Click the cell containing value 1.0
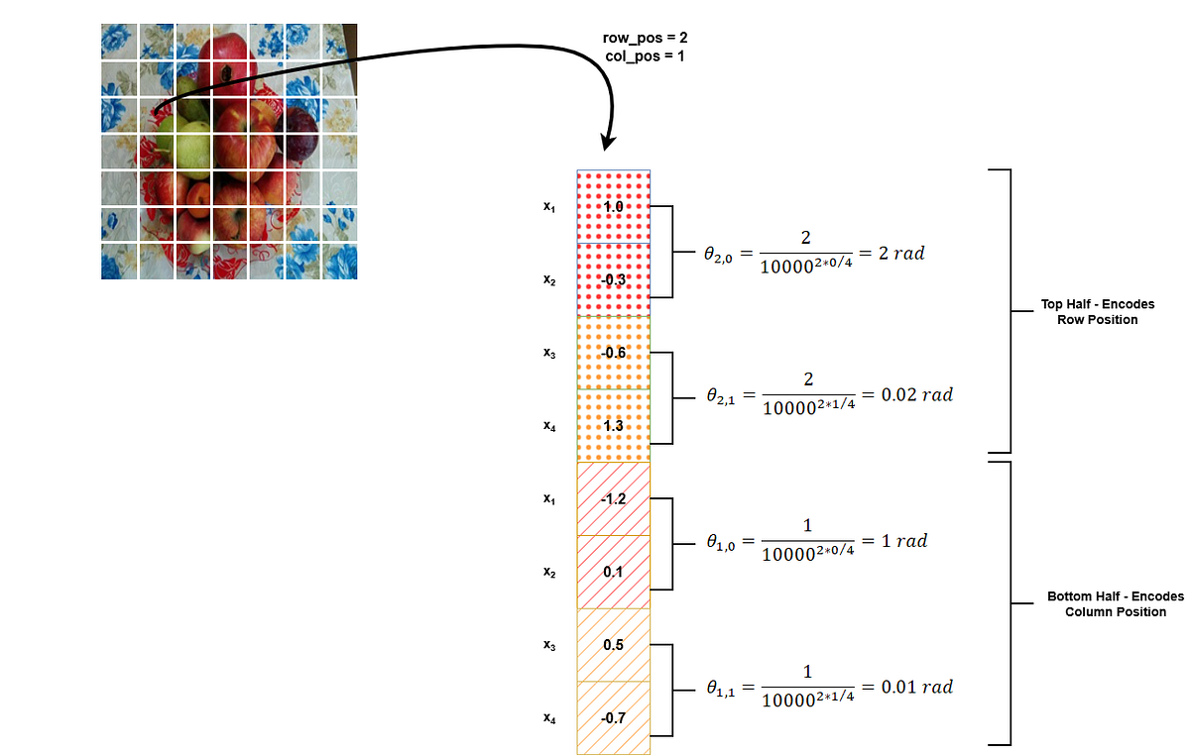pos(614,206)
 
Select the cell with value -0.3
pos(614,279)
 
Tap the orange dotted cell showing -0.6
pos(614,353)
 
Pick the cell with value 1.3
pos(614,426)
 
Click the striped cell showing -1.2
pos(614,499)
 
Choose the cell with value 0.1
pos(614,572)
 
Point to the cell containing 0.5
pos(614,645)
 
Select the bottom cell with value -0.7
pos(614,717)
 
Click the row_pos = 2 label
pos(645,38)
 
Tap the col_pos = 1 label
pos(645,55)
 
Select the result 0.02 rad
pos(917,394)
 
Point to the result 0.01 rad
pos(917,687)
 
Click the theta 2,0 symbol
pos(718,255)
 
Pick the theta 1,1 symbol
pos(720,689)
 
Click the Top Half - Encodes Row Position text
pos(1098,312)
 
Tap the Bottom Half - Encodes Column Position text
pos(1116,603)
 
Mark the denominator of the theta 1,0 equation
pos(807,553)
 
